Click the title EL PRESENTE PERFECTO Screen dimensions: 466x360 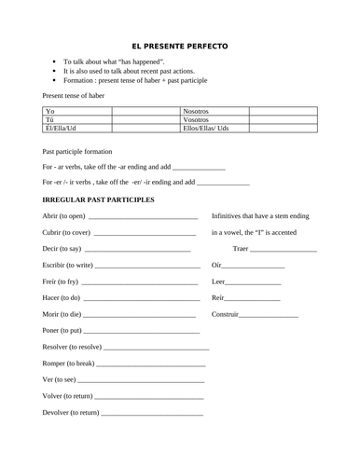point(179,47)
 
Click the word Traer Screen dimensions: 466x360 point(241,249)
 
